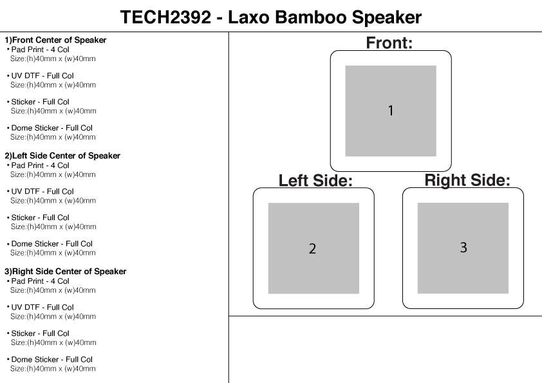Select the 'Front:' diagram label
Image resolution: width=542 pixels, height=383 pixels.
pyautogui.click(x=389, y=43)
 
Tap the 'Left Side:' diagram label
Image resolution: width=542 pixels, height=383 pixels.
pyautogui.click(x=315, y=181)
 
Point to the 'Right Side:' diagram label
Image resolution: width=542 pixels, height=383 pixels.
pyautogui.click(x=467, y=180)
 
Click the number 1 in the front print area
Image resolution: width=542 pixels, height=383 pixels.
pyautogui.click(x=390, y=111)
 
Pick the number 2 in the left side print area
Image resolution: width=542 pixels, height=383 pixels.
pyautogui.click(x=312, y=248)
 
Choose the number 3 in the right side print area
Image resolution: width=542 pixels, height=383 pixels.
pyautogui.click(x=463, y=247)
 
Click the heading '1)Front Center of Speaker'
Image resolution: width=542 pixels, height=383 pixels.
pyautogui.click(x=55, y=40)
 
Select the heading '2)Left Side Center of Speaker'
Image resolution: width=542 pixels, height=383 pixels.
pyautogui.click(x=62, y=156)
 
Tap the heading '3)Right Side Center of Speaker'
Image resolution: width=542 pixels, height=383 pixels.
pyautogui.click(x=65, y=272)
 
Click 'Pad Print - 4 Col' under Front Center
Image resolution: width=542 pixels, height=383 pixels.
pyautogui.click(x=40, y=49)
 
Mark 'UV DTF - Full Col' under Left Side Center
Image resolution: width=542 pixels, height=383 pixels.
pyautogui.click(x=42, y=191)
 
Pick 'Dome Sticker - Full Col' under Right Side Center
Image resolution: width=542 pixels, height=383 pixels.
pyautogui.click(x=51, y=359)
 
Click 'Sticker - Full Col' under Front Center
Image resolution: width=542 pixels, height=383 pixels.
pyautogui.click(x=40, y=102)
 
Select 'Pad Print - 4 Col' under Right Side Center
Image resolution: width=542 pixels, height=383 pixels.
pyautogui.click(x=40, y=281)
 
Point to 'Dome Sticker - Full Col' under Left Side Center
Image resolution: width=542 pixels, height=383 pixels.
pyautogui.click(x=51, y=244)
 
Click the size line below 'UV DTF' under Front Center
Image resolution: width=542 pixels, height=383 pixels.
pyautogui.click(x=53, y=85)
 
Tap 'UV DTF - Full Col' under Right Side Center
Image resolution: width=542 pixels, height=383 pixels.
pyautogui.click(x=42, y=307)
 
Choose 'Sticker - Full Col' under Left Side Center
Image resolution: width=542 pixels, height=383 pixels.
pyautogui.click(x=40, y=218)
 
